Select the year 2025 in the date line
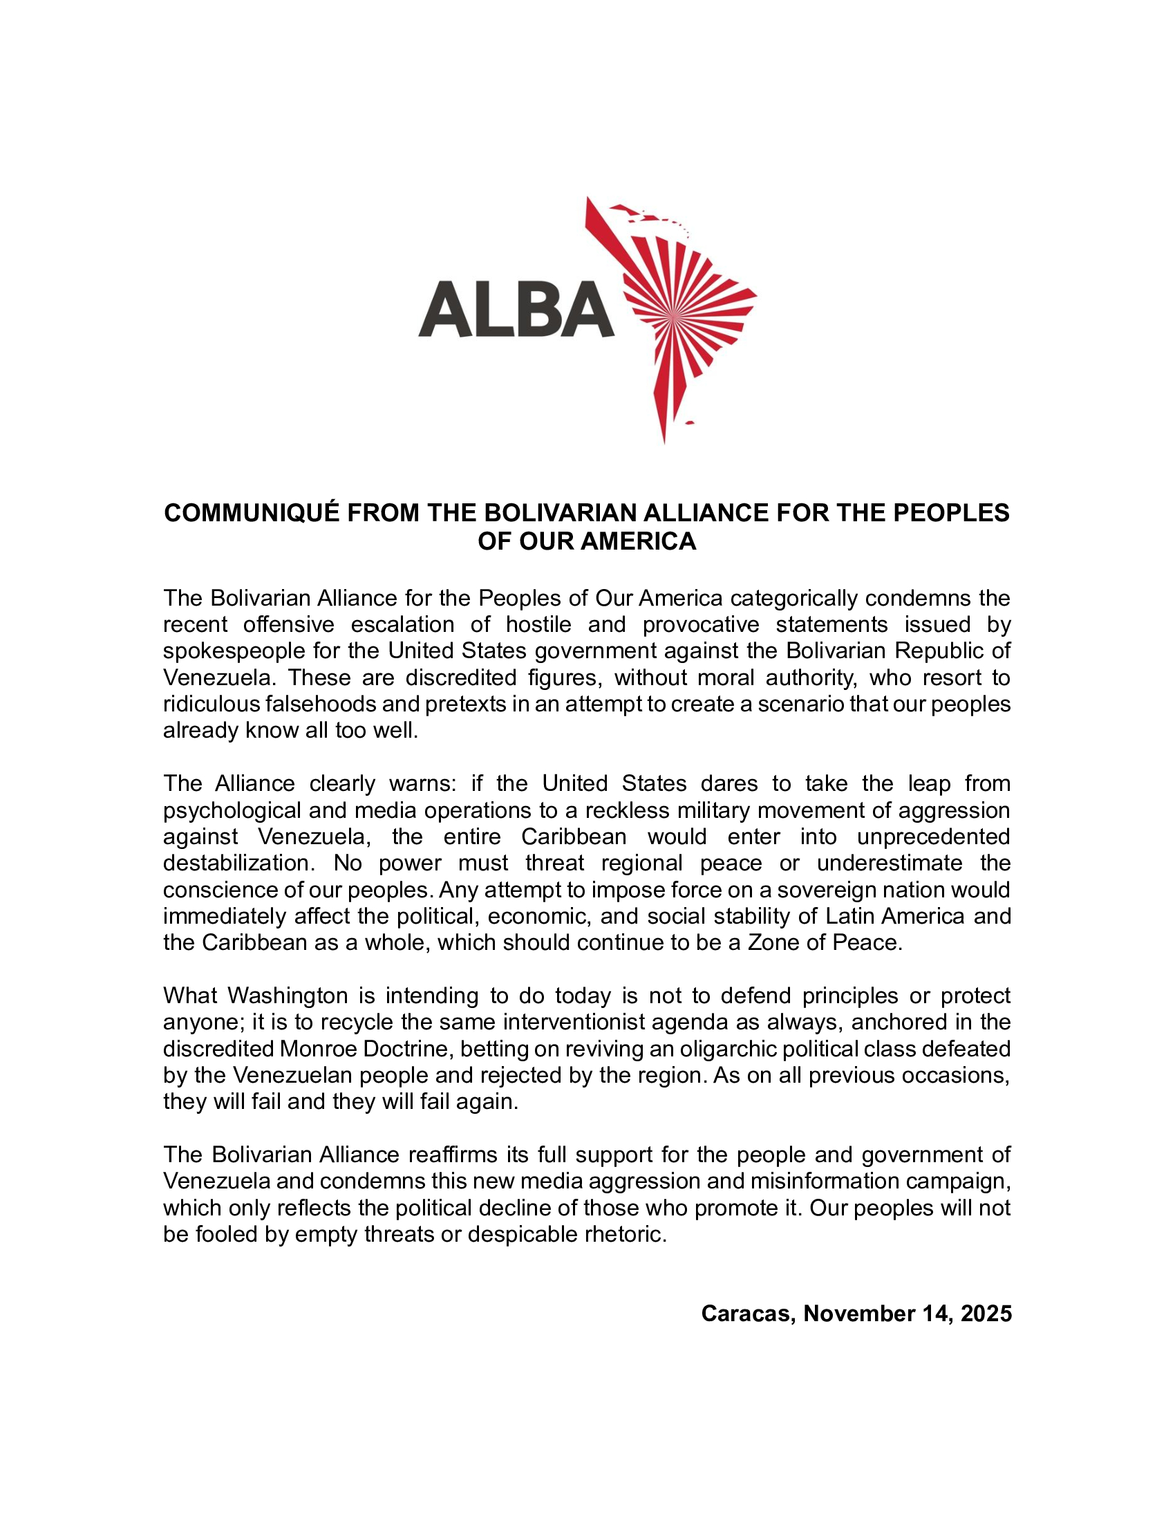coord(986,1314)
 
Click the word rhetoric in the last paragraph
coord(624,1234)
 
